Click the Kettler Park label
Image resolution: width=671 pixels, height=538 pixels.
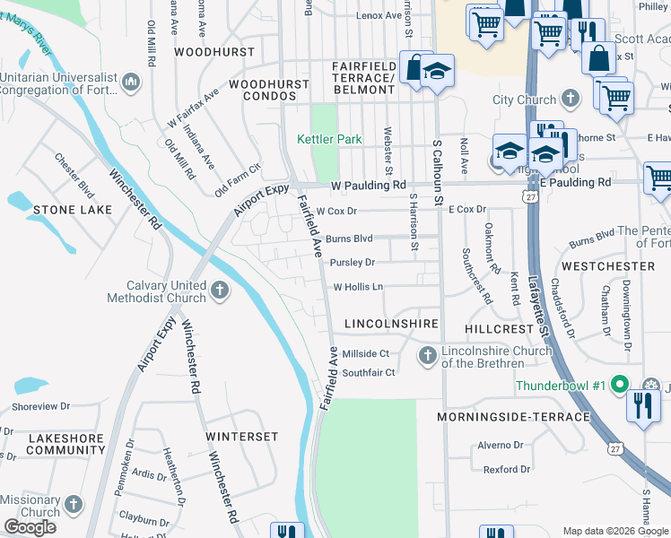[x=329, y=139]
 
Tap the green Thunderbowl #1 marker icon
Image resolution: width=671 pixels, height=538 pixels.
[x=618, y=386]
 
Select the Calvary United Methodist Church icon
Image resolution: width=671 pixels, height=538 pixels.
[x=219, y=290]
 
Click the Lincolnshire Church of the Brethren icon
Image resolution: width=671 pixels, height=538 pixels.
[x=427, y=357]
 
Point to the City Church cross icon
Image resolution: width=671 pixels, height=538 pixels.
[x=571, y=99]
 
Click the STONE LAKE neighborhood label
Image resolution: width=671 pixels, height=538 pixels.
[x=73, y=210]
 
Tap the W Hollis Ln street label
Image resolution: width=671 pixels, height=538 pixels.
[x=358, y=288]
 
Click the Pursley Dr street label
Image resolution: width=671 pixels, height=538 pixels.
[x=352, y=263]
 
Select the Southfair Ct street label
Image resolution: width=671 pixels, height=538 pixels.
[x=368, y=373]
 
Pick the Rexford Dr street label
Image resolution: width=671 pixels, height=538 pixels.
[x=507, y=469]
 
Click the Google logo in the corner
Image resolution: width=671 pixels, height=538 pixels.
[x=30, y=526]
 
